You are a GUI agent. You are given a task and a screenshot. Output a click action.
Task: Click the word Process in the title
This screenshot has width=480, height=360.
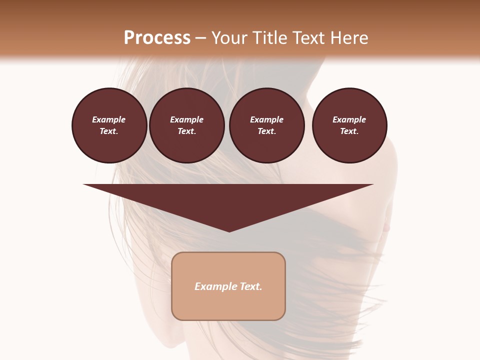tap(157, 38)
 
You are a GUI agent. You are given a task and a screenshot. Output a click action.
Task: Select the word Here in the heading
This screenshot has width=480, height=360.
tap(348, 38)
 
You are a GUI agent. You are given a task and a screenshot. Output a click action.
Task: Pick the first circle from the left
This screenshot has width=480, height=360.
tap(109, 125)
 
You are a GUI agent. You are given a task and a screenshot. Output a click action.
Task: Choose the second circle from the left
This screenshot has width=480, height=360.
tap(186, 125)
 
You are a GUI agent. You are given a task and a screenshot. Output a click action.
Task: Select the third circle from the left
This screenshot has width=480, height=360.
tap(266, 125)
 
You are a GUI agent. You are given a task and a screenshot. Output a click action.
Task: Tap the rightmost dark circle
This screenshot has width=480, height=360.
tap(349, 125)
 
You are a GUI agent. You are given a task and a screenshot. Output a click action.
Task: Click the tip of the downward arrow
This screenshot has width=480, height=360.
tap(229, 230)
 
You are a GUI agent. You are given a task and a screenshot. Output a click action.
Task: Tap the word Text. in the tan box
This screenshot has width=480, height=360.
tap(250, 286)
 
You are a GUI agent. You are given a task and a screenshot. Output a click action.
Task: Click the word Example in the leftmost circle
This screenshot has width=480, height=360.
tap(109, 119)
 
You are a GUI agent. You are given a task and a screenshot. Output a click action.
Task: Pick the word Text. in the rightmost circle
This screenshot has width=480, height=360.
tap(349, 131)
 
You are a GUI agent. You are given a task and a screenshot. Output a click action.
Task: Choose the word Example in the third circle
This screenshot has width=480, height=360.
tap(266, 119)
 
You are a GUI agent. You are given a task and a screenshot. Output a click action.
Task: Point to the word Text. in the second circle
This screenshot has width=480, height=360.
tap(186, 131)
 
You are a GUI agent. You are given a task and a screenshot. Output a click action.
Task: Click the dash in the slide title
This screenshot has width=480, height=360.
tap(201, 38)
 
